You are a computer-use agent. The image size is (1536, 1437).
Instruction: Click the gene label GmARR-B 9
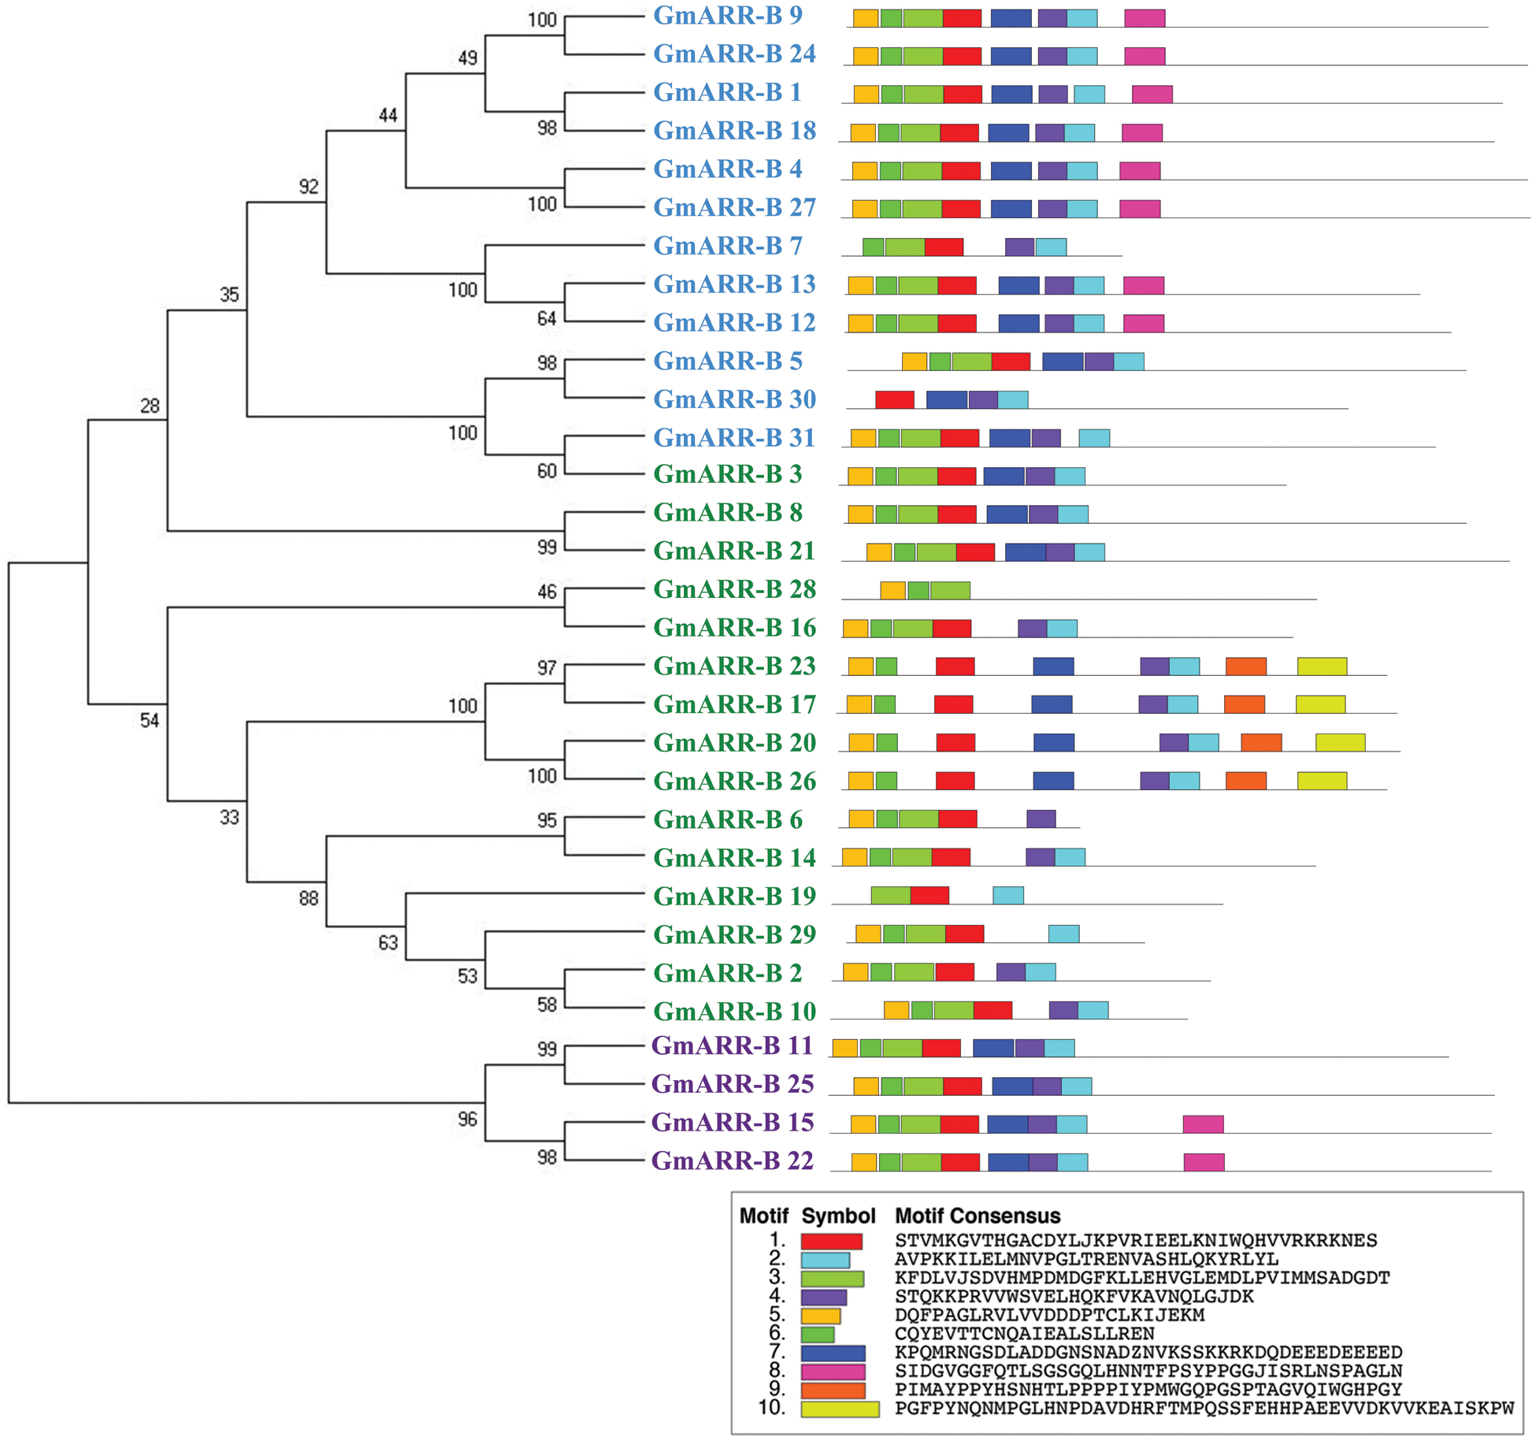[x=727, y=15]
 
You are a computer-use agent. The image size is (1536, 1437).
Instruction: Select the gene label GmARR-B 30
[x=734, y=399]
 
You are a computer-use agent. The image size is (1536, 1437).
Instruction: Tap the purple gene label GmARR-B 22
[x=732, y=1160]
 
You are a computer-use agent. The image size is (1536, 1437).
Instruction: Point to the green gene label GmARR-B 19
[x=734, y=896]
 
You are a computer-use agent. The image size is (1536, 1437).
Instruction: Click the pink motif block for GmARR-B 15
[x=1203, y=1123]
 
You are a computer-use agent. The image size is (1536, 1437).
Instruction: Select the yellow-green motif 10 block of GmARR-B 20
[x=1340, y=742]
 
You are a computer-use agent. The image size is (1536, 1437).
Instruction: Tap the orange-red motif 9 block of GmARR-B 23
[x=1246, y=666]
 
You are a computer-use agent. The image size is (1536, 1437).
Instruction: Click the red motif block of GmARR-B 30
[x=894, y=399]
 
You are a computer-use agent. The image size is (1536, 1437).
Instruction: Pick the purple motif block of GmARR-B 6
[x=1041, y=819]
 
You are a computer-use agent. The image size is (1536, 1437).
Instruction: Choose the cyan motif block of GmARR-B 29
[x=1063, y=934]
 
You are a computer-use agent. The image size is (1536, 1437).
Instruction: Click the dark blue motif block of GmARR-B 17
[x=1052, y=704]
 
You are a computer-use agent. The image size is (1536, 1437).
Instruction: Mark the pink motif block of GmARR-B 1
[x=1152, y=95]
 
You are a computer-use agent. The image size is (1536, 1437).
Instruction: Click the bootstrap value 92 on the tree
[x=309, y=187]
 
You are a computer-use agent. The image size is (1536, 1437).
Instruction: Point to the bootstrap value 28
[x=150, y=406]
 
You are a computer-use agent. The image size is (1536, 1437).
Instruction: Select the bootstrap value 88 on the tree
[x=309, y=898]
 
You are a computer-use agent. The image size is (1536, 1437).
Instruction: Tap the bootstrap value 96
[x=467, y=1119]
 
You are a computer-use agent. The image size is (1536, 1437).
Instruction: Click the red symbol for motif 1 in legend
[x=831, y=1242]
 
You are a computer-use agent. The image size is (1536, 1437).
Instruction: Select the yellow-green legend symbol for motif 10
[x=840, y=1409]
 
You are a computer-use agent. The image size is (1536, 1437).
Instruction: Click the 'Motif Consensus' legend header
[x=977, y=1216]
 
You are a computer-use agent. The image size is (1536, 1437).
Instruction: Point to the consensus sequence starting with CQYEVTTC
[x=1024, y=1334]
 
